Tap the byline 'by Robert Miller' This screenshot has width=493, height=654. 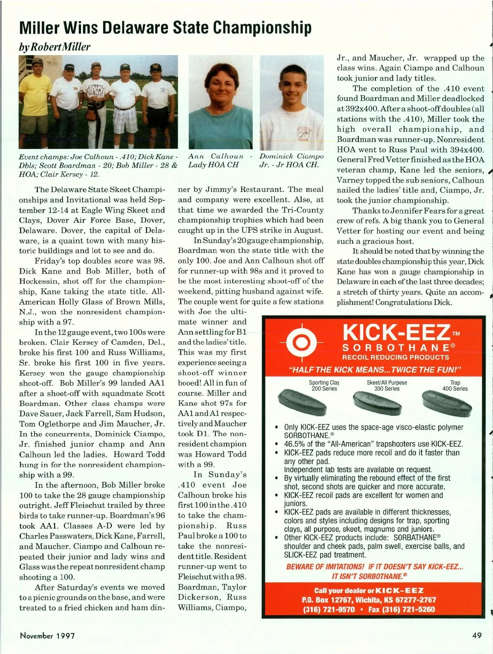[x=54, y=46]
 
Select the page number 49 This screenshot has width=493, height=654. [x=477, y=635]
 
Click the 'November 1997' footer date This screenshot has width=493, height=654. [x=47, y=635]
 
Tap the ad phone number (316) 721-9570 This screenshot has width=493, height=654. [x=329, y=609]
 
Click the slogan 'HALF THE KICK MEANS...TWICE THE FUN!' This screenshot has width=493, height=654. [x=376, y=369]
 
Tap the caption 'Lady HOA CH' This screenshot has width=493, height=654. [x=214, y=165]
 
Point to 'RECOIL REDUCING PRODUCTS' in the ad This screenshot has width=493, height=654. [x=395, y=357]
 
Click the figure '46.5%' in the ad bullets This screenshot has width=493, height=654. [x=295, y=444]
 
